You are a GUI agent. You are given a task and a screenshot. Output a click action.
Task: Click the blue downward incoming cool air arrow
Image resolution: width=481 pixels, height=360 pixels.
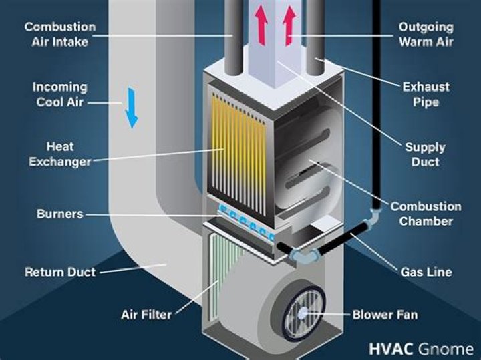pyautogui.click(x=132, y=108)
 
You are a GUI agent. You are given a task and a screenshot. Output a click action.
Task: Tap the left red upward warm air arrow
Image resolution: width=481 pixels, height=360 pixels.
pyautogui.click(x=261, y=26)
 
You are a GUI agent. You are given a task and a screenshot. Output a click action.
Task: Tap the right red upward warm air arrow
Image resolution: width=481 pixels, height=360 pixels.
pyautogui.click(x=289, y=26)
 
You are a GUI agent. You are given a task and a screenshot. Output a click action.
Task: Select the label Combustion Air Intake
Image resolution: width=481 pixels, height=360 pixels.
pyautogui.click(x=60, y=34)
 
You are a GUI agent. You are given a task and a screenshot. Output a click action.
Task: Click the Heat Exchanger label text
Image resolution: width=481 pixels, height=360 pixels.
pyautogui.click(x=60, y=154)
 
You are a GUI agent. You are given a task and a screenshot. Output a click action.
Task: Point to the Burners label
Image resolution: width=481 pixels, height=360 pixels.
pyautogui.click(x=60, y=214)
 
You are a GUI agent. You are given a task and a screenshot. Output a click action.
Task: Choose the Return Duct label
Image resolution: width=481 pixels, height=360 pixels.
pyautogui.click(x=60, y=272)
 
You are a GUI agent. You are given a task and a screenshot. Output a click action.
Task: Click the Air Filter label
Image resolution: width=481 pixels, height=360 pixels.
pyautogui.click(x=146, y=315)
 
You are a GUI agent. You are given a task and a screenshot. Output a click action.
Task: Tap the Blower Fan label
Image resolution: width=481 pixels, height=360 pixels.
pyautogui.click(x=385, y=315)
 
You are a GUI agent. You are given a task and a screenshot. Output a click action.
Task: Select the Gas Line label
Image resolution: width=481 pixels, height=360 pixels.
pyautogui.click(x=426, y=272)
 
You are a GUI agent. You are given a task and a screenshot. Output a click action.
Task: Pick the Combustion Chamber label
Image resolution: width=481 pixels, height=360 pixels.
pyautogui.click(x=426, y=214)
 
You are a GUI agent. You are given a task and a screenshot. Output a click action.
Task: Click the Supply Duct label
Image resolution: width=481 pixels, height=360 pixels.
pyautogui.click(x=425, y=154)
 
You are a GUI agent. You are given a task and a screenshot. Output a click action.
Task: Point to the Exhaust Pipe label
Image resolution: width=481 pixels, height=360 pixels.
pyautogui.click(x=426, y=94)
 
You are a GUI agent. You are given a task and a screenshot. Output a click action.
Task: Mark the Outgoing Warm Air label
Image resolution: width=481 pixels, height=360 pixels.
pyautogui.click(x=426, y=34)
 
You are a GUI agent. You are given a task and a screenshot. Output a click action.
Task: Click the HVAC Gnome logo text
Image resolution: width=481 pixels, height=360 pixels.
pyautogui.click(x=421, y=349)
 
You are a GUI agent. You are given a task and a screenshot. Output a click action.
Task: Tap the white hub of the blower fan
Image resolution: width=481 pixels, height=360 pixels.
pyautogui.click(x=303, y=313)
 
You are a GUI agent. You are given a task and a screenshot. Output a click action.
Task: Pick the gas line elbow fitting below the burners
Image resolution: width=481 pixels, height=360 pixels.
pyautogui.click(x=305, y=255)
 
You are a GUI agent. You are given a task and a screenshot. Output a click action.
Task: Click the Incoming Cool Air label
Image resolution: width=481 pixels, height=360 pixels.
pyautogui.click(x=60, y=94)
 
